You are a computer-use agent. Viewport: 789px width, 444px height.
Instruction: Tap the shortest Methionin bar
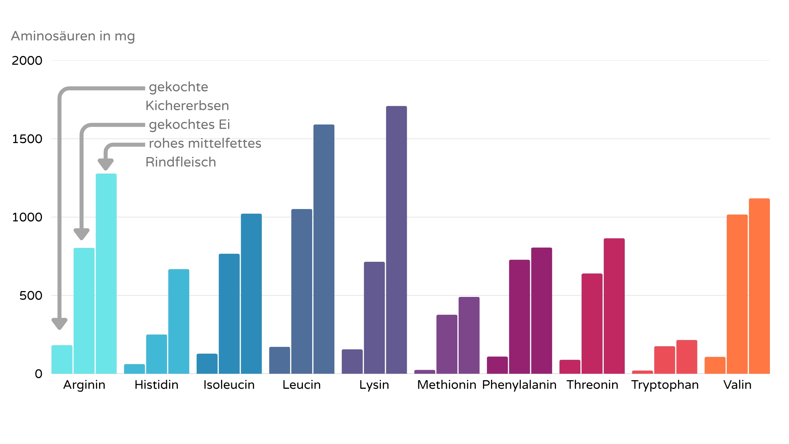(x=425, y=372)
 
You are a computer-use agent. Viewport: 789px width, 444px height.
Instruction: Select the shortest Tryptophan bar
(x=642, y=372)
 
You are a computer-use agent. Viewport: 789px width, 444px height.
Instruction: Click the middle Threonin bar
(x=592, y=323)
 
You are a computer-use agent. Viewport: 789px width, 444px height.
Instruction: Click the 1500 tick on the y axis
(x=27, y=139)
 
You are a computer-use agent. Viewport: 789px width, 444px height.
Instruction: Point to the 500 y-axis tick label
(x=31, y=296)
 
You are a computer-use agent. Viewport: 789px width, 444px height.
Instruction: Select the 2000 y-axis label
(x=27, y=61)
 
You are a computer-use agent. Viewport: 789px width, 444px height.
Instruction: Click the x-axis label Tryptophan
(x=665, y=385)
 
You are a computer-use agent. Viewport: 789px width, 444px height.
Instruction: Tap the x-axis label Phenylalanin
(x=519, y=385)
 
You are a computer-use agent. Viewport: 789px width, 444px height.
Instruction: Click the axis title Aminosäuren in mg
(x=73, y=36)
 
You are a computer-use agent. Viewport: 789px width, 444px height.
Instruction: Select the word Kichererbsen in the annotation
(x=187, y=106)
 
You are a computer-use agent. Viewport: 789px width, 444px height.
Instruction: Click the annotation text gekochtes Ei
(x=189, y=125)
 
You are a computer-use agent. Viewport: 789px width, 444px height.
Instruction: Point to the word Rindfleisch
(x=181, y=162)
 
